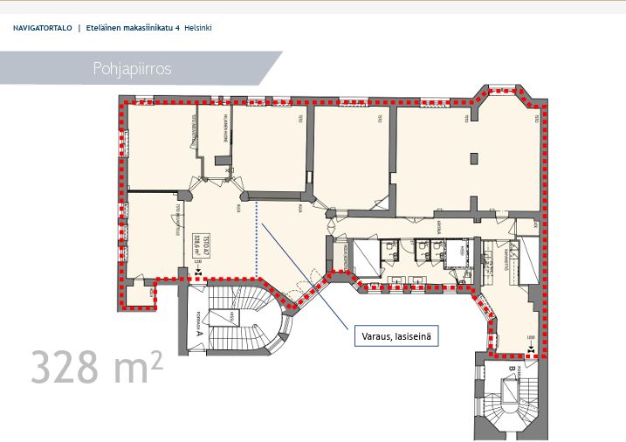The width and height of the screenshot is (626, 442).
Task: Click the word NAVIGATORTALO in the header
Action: click(x=43, y=28)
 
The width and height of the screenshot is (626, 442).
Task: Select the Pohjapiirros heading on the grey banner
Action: click(x=131, y=68)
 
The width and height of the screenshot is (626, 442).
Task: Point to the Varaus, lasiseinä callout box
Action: click(x=396, y=335)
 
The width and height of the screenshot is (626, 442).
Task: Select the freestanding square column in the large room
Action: click(x=473, y=158)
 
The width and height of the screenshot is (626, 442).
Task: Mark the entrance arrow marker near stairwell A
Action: click(x=200, y=273)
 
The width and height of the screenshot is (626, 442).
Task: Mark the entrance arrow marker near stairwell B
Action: click(x=532, y=350)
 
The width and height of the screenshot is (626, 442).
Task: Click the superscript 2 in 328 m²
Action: click(x=156, y=356)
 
